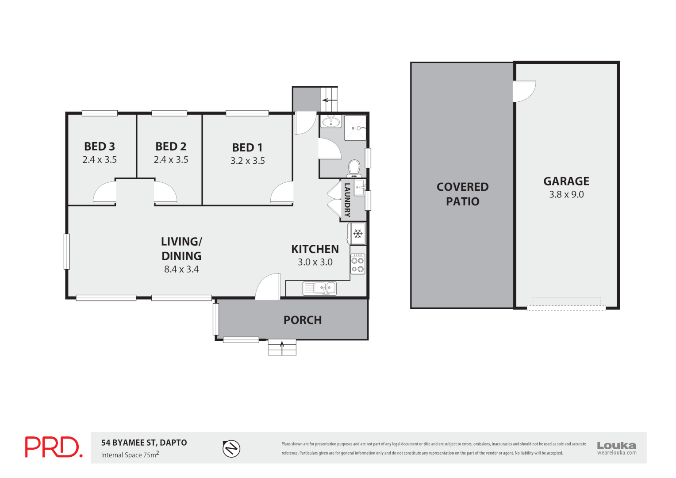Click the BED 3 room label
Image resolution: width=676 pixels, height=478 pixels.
coord(100,146)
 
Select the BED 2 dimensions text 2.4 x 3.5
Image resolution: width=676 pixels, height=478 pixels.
coord(171,160)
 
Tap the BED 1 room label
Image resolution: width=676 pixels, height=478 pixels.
coord(247,147)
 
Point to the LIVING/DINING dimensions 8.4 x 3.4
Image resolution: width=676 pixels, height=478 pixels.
coord(181,269)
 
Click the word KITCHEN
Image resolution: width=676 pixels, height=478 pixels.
coord(315,249)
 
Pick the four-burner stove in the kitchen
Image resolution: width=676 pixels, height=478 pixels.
coord(358,264)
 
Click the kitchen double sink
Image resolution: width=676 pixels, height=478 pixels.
coord(320,289)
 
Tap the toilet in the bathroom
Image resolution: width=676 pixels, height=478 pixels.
coord(354,168)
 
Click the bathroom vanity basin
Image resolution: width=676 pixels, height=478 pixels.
coord(330,121)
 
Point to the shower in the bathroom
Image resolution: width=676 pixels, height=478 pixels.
coord(355,128)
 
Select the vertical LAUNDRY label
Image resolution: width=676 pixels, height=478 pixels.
coord(347,200)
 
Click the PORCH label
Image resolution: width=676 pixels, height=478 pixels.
coord(303,320)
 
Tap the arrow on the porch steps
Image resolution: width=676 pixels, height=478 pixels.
coord(282,347)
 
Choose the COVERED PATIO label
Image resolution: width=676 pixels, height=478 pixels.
coord(462,194)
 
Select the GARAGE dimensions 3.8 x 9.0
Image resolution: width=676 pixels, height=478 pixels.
coord(566,195)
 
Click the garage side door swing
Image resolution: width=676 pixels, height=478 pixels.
coord(523,91)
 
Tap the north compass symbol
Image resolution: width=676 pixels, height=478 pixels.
coord(231,449)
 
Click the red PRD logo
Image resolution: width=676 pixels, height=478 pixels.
coord(54,447)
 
